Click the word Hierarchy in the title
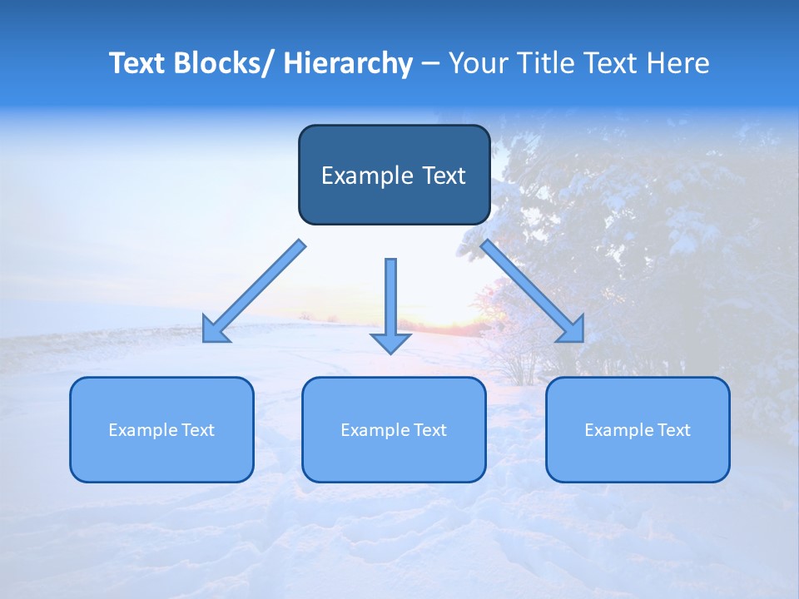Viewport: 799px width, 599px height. pos(348,63)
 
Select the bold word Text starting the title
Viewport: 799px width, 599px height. pos(137,63)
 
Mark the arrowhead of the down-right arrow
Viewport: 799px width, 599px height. pos(572,329)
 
